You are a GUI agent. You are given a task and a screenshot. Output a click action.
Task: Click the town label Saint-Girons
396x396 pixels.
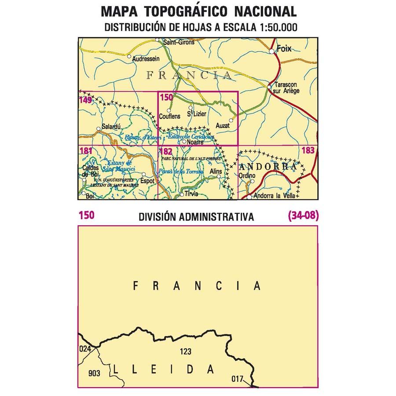coord(179,43)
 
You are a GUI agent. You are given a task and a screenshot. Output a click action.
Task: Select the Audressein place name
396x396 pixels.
coord(146,58)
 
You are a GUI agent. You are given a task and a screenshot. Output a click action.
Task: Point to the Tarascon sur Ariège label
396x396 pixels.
coord(286,88)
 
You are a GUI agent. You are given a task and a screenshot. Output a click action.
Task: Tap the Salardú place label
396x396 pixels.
coord(111,127)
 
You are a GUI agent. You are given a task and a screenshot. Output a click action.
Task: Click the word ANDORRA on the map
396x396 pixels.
coord(269,167)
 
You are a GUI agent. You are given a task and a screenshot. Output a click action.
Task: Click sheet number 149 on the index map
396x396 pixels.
coord(85,100)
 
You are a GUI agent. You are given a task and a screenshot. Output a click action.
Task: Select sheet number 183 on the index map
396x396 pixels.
coord(308,151)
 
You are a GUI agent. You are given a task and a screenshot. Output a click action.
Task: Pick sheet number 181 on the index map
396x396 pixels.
coord(86,151)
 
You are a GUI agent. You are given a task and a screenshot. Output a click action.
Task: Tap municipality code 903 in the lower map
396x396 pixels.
coord(94,374)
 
